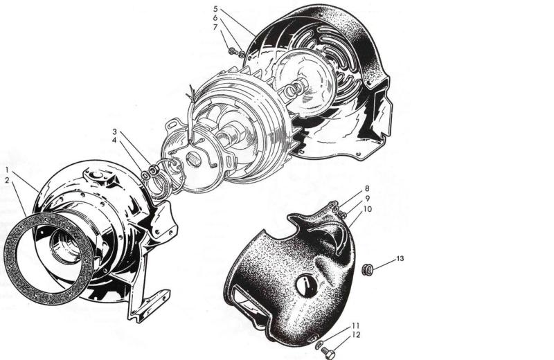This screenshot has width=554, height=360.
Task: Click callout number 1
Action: coord(7,170)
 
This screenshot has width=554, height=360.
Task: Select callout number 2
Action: coord(7,180)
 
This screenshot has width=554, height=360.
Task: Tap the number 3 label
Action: coord(114,132)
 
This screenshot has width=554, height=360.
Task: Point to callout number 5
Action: coord(216,8)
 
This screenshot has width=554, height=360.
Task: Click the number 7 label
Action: coord(215,27)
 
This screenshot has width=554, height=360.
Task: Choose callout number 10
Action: coord(368,209)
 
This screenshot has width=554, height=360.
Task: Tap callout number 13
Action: coord(400,259)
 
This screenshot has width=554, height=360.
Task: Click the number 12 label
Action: coord(356,334)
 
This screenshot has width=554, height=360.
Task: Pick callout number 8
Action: coord(367,188)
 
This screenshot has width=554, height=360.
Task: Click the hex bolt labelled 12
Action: coord(328,352)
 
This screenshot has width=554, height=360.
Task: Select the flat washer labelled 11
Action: coord(319,345)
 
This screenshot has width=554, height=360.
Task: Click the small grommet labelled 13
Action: coord(368,270)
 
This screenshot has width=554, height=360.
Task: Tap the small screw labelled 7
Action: coord(232,52)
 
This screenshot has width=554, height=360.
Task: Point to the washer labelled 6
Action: coord(241,54)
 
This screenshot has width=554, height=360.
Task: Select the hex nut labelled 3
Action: coord(153,170)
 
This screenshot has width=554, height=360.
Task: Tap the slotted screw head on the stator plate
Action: coord(194,158)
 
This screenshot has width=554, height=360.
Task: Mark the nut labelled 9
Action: coord(343,214)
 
